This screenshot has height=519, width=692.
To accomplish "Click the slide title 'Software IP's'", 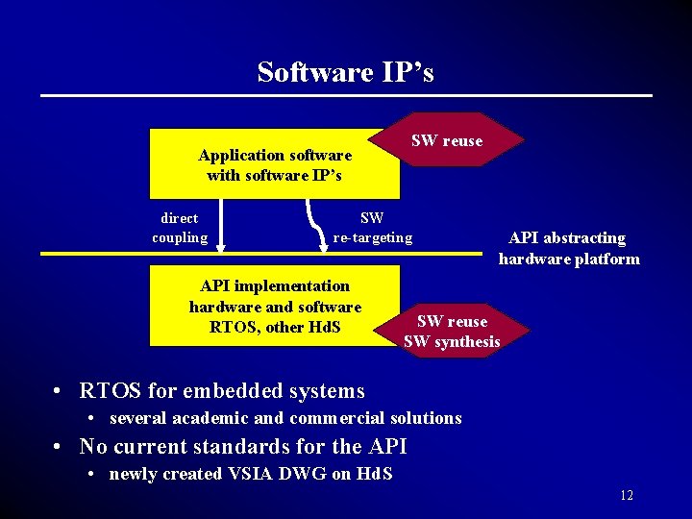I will tap(345, 72).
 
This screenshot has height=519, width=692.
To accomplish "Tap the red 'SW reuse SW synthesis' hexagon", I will tap(453, 332).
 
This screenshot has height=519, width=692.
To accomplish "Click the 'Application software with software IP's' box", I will tap(274, 164).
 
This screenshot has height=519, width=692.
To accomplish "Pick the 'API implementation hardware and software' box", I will tap(274, 306).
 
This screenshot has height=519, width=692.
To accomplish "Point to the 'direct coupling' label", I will tap(180, 228).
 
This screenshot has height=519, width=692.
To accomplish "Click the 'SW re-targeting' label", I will tap(372, 228).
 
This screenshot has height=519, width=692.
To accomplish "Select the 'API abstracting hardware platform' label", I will tap(568, 248).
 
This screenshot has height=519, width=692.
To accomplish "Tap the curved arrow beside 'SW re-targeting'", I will tap(315, 223).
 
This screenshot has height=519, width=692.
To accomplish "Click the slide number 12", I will tap(627, 496).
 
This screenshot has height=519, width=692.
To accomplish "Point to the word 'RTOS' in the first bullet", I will tap(110, 391).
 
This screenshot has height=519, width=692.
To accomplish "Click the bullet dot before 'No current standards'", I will tap(60, 447).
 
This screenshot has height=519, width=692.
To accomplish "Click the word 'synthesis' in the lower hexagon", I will tap(466, 342).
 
